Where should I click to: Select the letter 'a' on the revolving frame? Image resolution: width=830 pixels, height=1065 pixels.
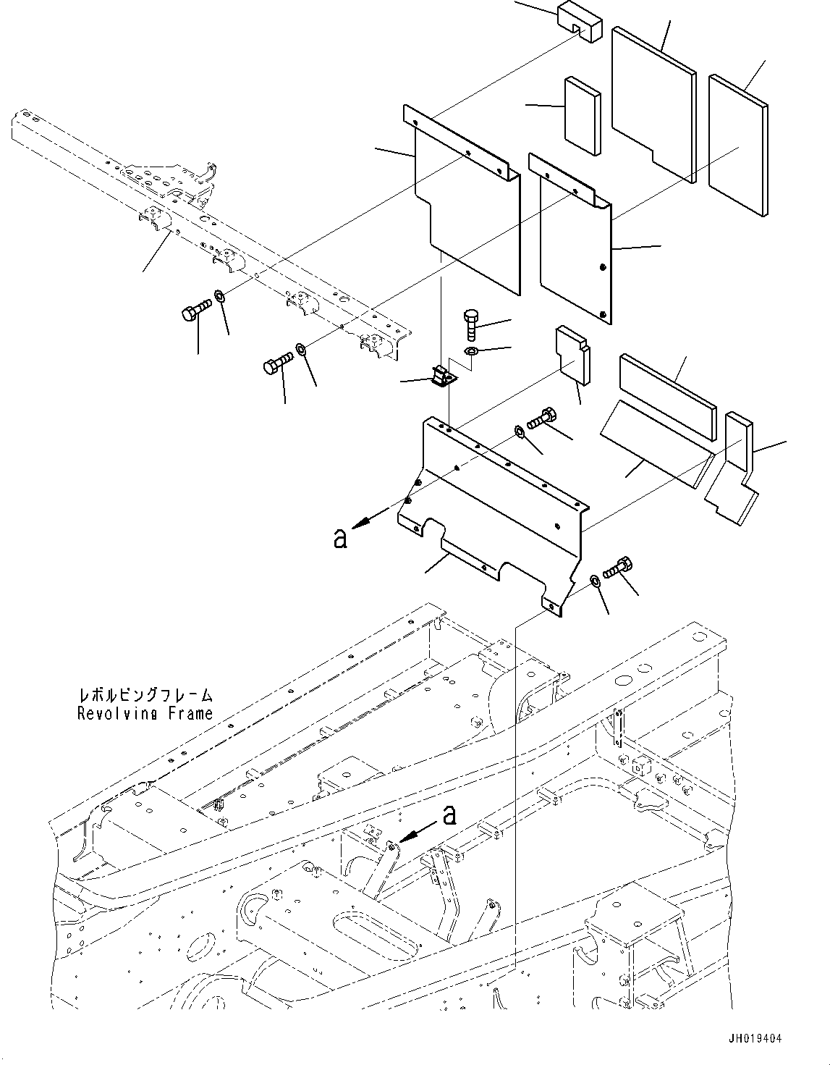coord(450,816)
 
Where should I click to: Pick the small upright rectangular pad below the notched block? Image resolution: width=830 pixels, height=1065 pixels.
coord(582,115)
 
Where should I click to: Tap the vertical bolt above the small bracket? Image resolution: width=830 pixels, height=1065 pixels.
coord(470,324)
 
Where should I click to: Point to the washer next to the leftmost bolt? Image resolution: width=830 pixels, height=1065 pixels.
coord(218,296)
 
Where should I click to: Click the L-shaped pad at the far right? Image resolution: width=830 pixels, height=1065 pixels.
coord(732,471)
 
